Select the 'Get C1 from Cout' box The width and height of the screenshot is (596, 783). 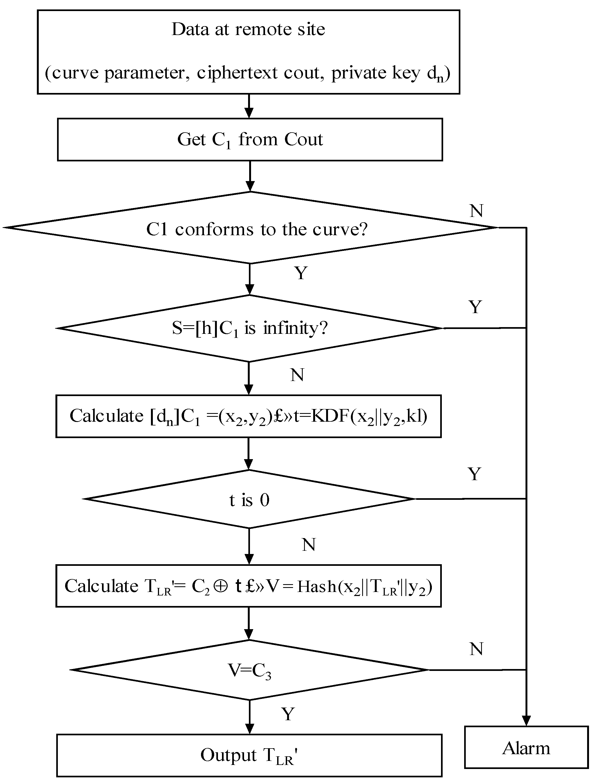250,139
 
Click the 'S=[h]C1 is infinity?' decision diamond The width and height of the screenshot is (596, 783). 250,328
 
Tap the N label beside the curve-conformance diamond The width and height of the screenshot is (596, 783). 476,211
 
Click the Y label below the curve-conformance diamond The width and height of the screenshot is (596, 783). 301,273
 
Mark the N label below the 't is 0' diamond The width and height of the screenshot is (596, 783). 309,545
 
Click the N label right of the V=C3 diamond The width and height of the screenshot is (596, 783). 476,649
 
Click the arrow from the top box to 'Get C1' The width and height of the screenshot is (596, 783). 249,106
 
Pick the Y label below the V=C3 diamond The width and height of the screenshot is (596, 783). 288,714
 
